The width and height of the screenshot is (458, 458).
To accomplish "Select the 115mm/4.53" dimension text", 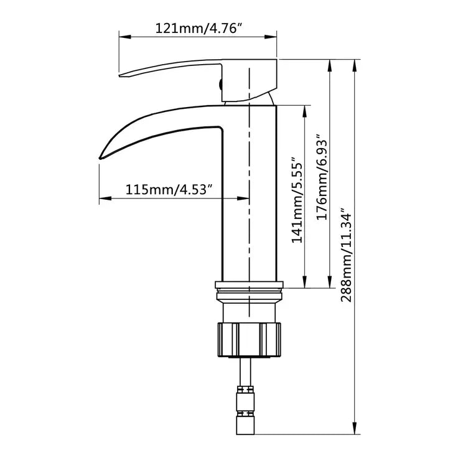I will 170,189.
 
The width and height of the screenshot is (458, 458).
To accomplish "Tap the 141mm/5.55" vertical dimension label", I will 297,199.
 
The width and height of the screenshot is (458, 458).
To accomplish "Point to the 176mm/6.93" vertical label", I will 322,176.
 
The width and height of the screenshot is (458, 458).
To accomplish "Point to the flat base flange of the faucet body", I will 248,286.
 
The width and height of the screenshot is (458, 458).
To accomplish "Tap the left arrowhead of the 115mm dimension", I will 103,199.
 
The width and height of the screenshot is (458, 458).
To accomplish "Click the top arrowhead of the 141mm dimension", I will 305,110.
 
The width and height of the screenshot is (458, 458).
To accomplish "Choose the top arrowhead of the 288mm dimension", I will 355,63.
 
